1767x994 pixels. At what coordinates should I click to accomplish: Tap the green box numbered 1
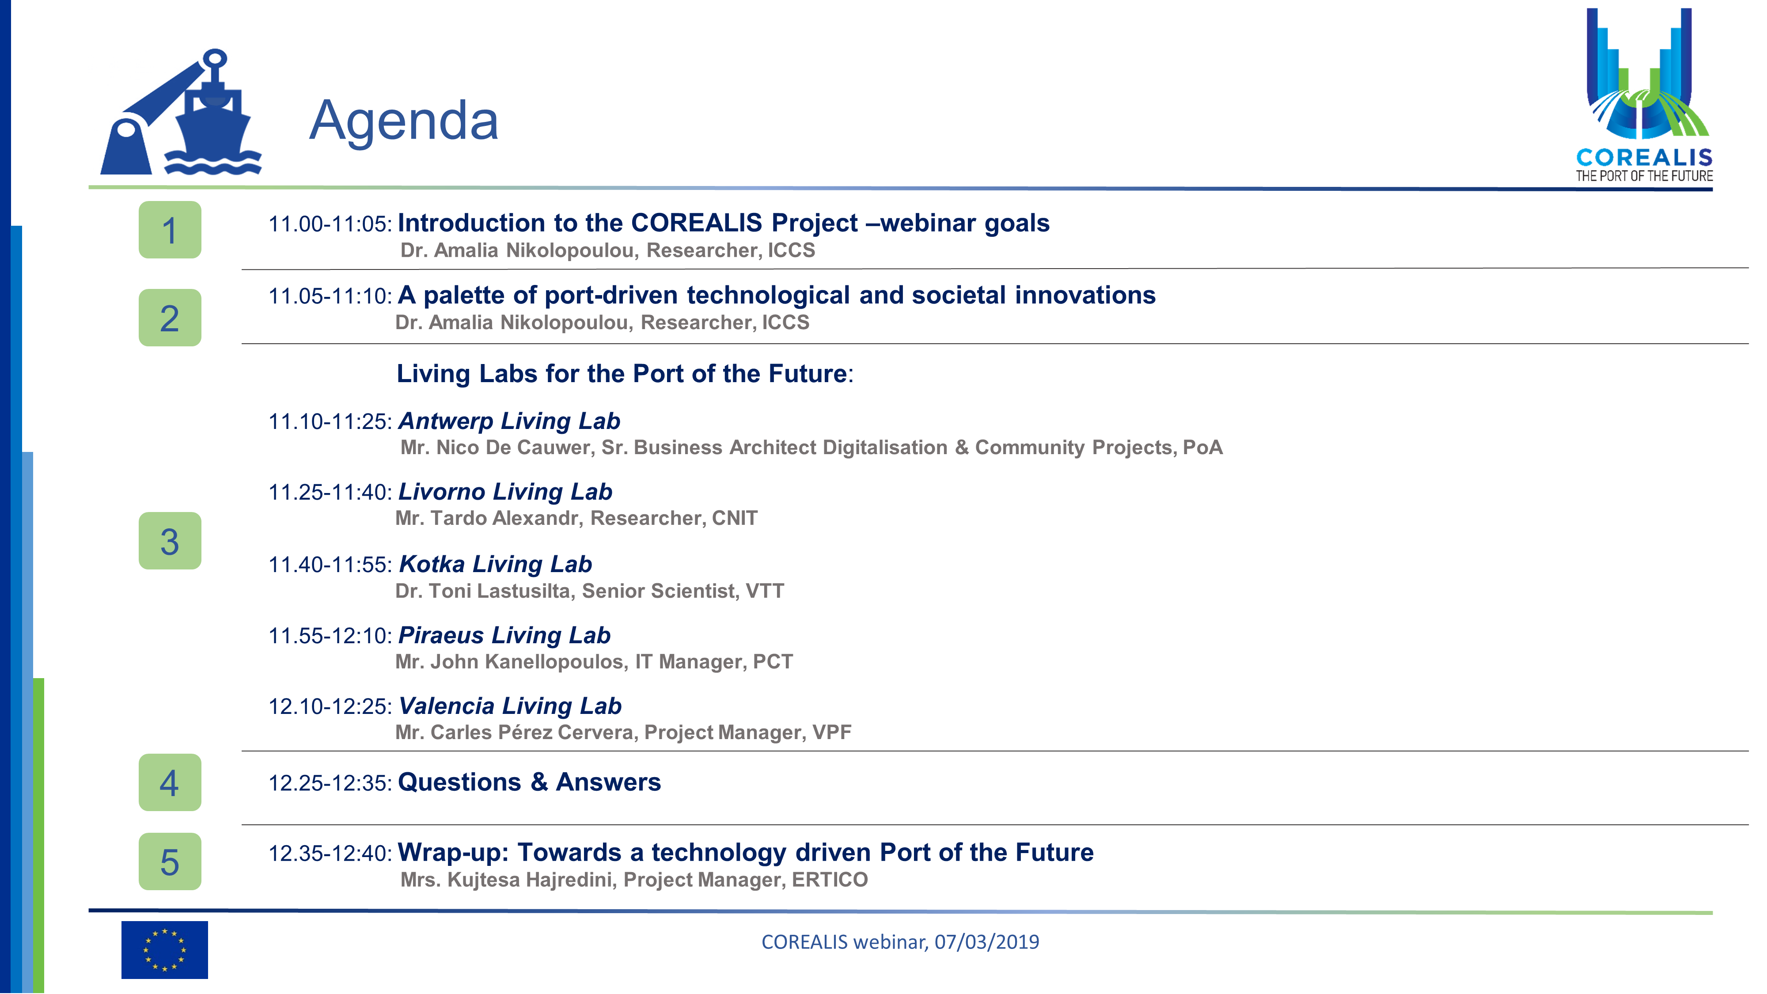170,230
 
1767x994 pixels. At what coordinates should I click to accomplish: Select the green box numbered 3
170,541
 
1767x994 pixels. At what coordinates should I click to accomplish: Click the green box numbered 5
170,861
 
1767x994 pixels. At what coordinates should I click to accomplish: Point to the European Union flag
165,950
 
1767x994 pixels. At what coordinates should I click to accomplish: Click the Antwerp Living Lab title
510,421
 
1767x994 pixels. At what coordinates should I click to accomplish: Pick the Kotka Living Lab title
495,564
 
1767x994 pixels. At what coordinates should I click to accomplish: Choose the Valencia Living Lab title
510,706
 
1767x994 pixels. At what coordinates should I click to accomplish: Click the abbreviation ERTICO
830,880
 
